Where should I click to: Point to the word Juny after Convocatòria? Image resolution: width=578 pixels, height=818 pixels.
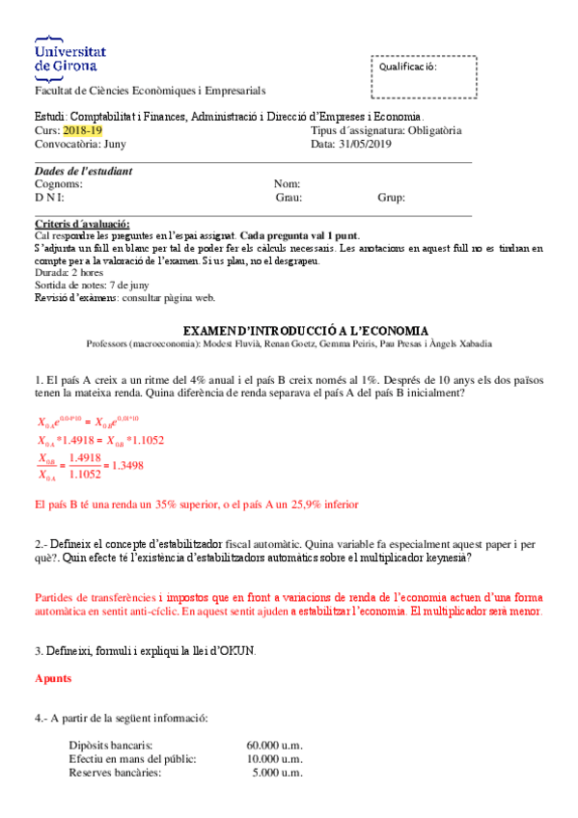click(113, 144)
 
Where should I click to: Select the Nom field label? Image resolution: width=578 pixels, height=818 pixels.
click(287, 184)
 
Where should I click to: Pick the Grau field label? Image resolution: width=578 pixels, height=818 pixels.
click(289, 198)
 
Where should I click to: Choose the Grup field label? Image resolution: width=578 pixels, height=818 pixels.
click(391, 198)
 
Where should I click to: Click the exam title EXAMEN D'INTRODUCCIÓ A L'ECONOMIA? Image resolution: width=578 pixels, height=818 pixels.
click(305, 329)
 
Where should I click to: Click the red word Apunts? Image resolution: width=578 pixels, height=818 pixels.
click(52, 678)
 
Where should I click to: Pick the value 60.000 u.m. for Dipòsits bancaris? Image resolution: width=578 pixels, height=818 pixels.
click(275, 746)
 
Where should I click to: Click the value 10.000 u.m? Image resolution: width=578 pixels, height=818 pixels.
click(275, 759)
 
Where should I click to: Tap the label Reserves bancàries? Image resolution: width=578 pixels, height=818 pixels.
click(115, 773)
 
